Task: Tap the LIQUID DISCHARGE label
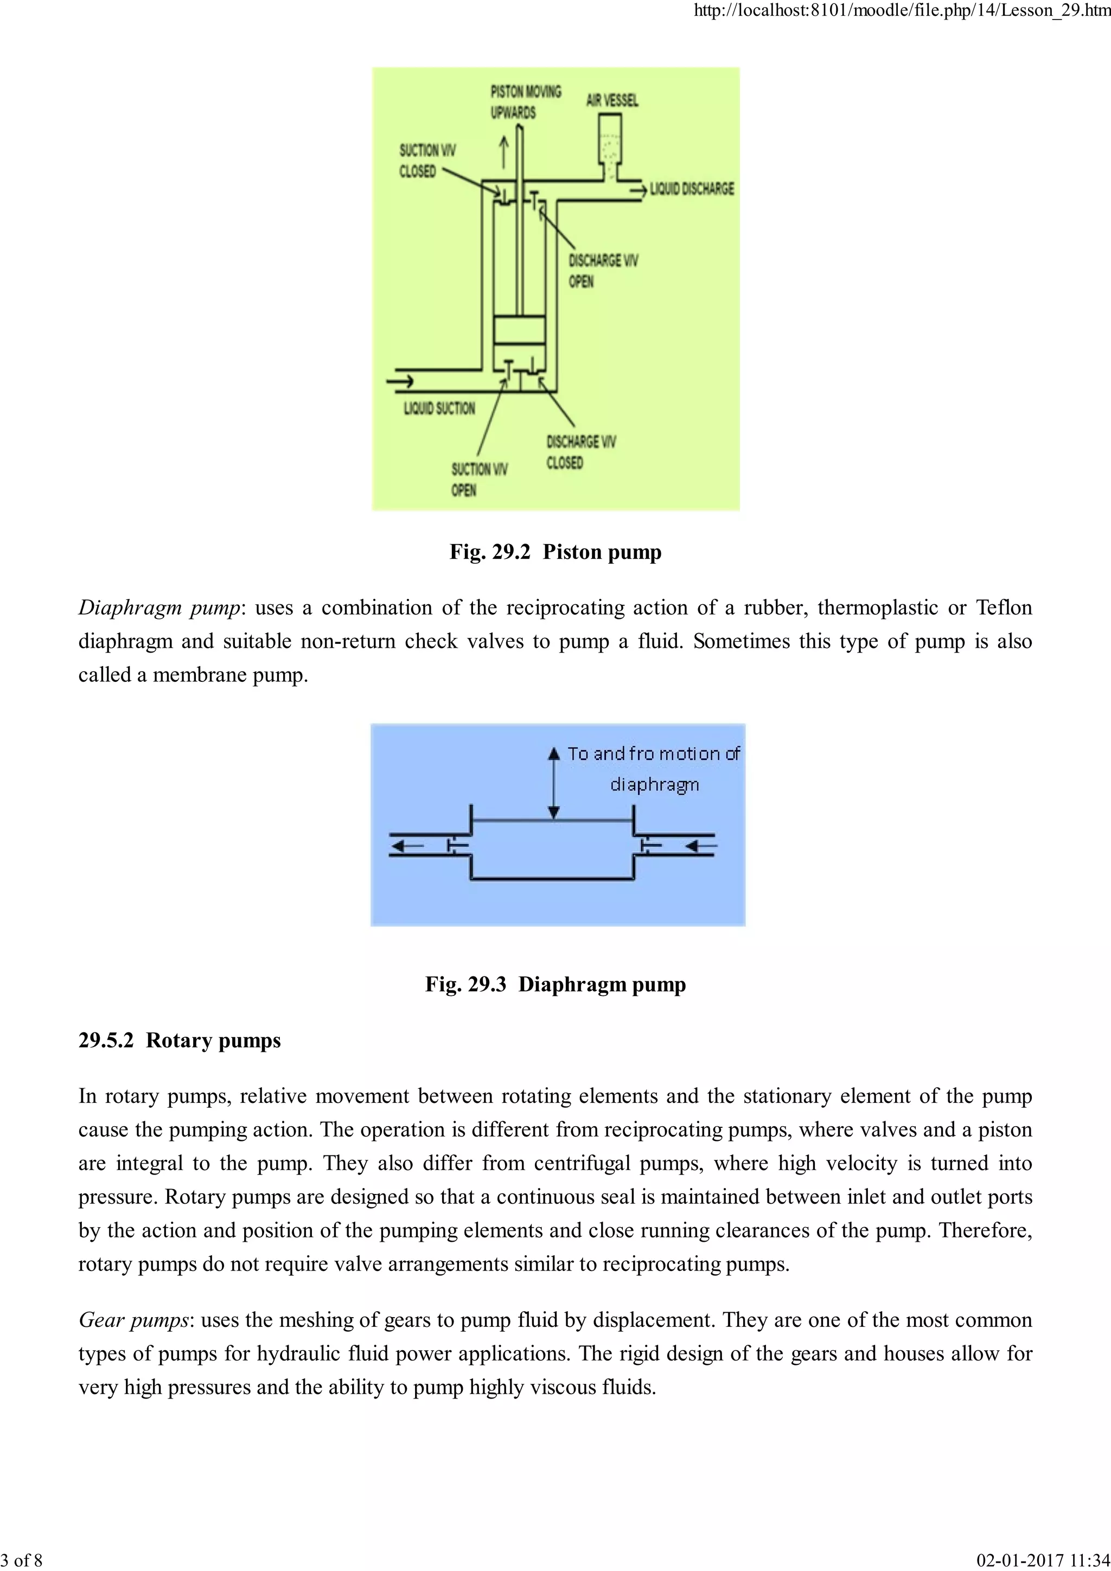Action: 692,189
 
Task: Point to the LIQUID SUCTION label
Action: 439,408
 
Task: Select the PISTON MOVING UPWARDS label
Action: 526,101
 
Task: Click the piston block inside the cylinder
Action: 519,330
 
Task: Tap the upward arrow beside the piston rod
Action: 504,152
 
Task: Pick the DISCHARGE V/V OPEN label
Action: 603,271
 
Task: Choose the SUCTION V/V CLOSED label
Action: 427,161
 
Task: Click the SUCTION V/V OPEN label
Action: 479,480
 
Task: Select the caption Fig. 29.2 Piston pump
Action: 555,552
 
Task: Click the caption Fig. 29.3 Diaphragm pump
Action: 555,985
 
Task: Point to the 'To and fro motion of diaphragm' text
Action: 653,768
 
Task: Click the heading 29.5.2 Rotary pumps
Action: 180,1040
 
